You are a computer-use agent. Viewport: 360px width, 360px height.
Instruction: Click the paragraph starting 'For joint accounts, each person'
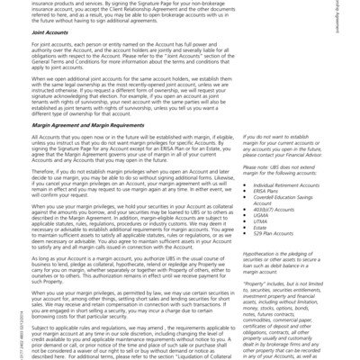[x=135, y=76]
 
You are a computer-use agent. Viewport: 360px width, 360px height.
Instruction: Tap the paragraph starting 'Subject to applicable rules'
[x=135, y=343]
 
